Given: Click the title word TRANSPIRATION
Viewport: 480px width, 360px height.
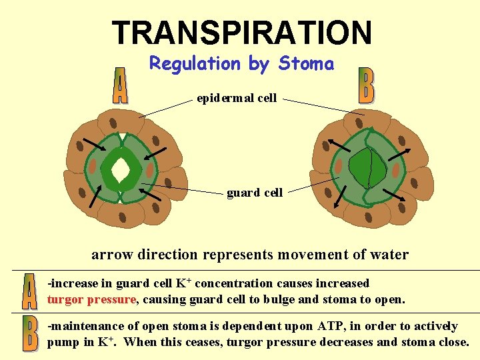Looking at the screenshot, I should click(241, 33).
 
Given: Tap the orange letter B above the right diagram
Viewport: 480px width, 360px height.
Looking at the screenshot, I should click(366, 85).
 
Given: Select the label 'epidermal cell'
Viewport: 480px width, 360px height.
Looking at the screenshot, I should click(237, 99).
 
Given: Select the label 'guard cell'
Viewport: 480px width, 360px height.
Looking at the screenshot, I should click(255, 193).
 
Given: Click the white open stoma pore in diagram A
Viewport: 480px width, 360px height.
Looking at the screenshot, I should click(121, 170).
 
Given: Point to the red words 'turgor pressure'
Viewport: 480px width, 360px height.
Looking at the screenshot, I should click(91, 299).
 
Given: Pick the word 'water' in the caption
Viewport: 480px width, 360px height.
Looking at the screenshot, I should click(389, 255).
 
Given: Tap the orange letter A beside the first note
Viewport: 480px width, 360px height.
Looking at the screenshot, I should click(29, 292).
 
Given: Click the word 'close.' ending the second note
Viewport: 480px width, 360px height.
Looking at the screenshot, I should click(453, 343).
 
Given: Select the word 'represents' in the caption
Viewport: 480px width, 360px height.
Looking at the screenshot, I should click(229, 255).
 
